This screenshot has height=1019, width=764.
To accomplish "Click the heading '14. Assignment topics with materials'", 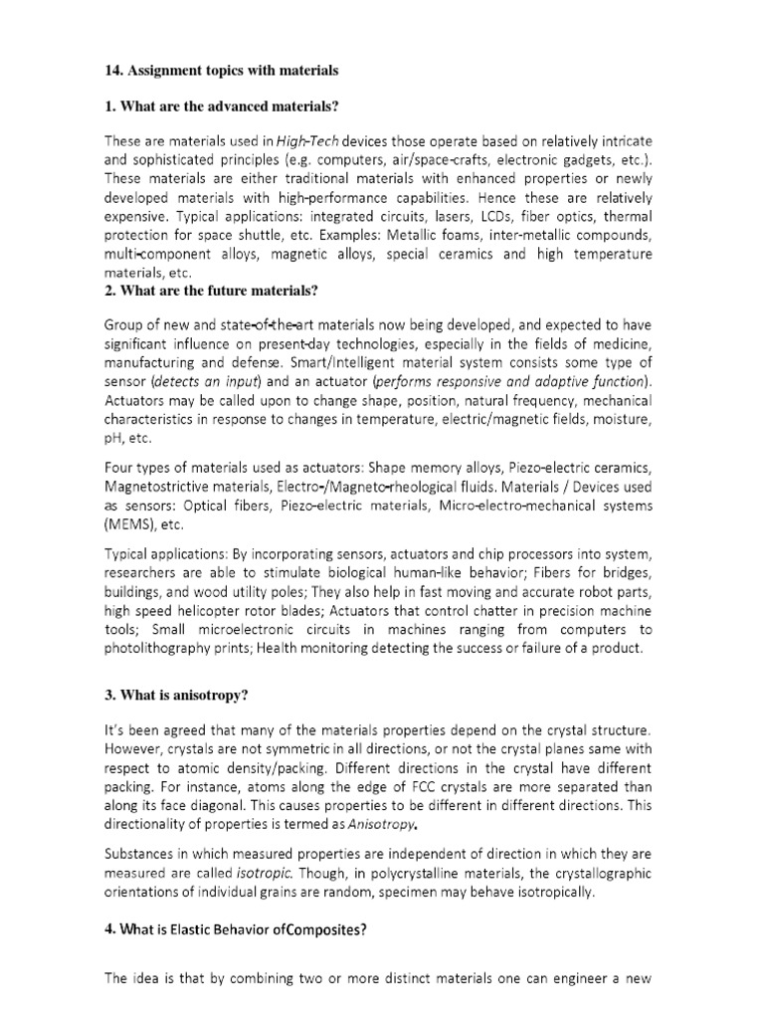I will tap(222, 71).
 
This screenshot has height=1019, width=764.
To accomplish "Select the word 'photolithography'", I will tap(165, 648).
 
